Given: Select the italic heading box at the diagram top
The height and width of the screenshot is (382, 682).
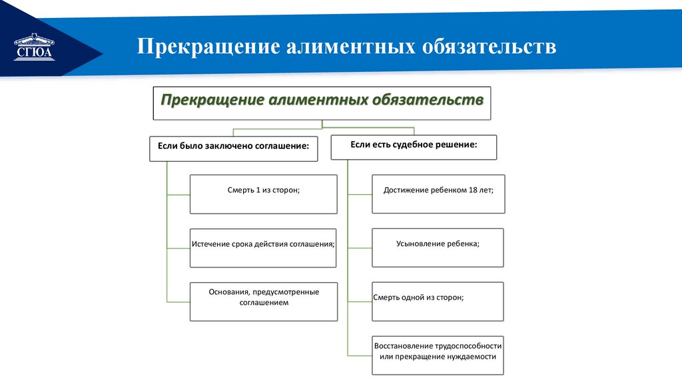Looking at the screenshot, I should (x=322, y=102).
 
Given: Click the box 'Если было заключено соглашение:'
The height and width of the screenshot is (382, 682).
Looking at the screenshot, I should (x=233, y=148).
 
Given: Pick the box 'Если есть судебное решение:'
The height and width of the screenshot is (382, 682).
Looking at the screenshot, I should (x=414, y=147).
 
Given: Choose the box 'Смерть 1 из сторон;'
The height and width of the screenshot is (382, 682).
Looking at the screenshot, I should (x=263, y=194).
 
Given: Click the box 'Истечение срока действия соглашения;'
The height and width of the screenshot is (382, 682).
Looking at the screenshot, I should (x=263, y=247).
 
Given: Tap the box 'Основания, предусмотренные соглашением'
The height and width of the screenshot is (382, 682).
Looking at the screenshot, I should (x=263, y=301).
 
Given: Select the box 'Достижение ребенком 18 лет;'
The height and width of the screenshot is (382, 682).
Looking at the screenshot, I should (x=438, y=194).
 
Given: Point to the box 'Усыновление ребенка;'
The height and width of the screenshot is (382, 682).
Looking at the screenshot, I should (x=438, y=247).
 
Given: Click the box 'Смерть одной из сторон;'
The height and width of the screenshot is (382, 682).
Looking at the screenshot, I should (x=438, y=301).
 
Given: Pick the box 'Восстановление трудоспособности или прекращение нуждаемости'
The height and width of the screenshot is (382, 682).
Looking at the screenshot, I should (x=438, y=355).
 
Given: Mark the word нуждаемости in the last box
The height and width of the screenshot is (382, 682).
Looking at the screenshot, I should (x=474, y=357).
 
